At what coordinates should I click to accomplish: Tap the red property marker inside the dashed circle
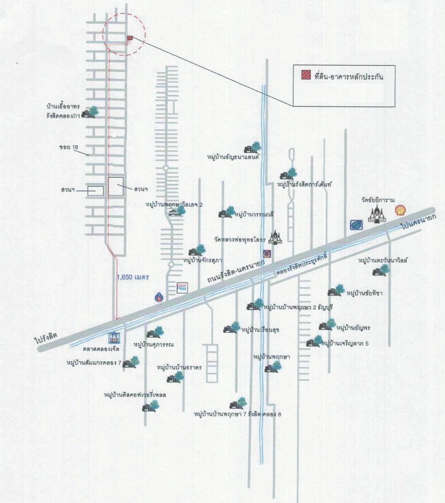tap(130, 38)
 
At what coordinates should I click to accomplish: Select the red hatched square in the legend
tap(306, 75)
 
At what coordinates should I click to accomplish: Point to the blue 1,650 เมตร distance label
tap(133, 277)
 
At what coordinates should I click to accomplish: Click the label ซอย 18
tap(69, 147)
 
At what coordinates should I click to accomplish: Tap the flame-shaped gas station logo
tap(159, 297)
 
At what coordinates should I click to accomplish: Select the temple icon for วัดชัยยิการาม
tap(377, 214)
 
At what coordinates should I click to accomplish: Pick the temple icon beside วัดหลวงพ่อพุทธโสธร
tap(275, 237)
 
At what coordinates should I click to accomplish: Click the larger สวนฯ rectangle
tap(116, 186)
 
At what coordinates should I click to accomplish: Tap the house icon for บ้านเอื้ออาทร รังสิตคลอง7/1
tap(90, 112)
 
